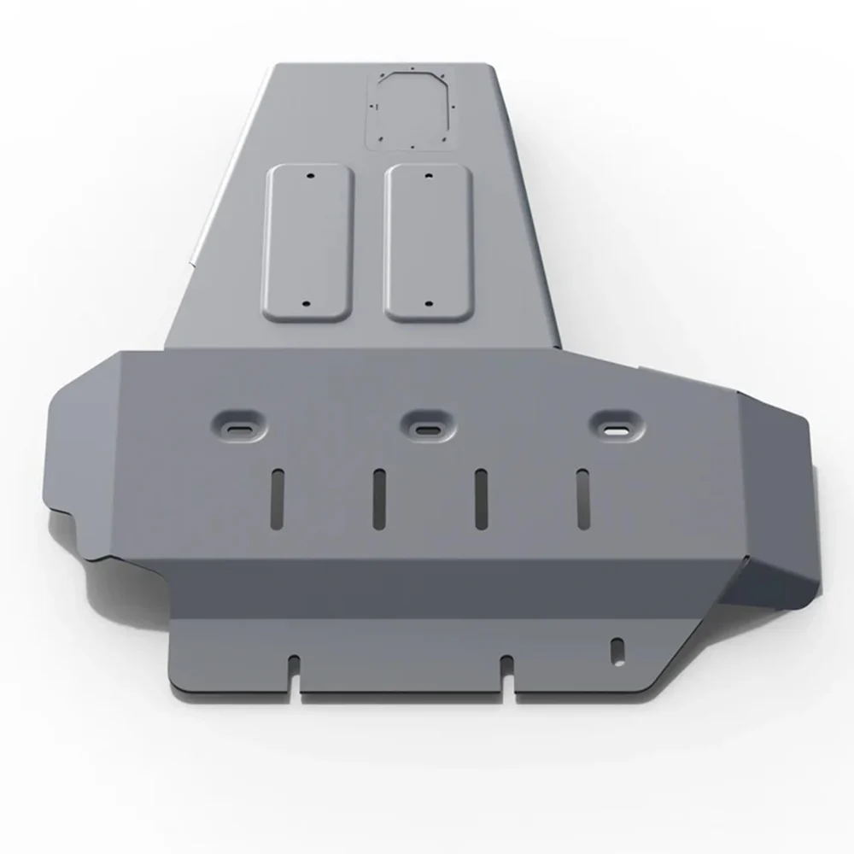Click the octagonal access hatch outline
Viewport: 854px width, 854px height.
tap(410, 110)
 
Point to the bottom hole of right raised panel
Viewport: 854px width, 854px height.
tap(428, 305)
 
